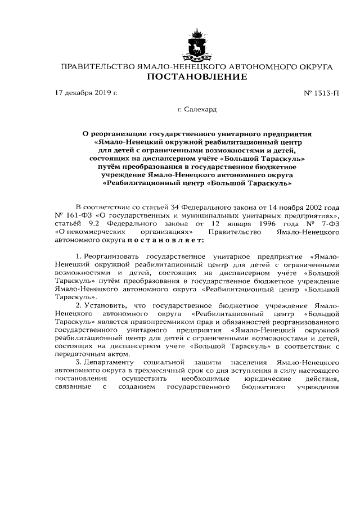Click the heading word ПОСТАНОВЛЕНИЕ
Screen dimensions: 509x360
coord(196,77)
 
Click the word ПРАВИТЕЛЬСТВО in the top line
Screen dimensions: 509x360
coord(97,66)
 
